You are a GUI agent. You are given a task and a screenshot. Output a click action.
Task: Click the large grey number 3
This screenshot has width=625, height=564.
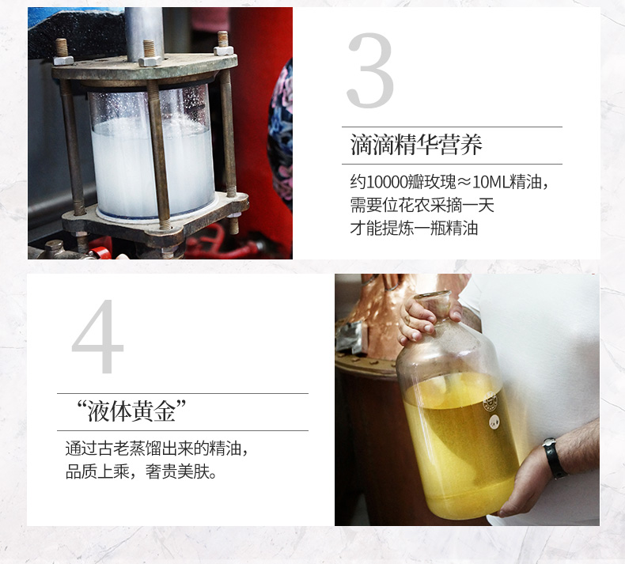click(x=371, y=70)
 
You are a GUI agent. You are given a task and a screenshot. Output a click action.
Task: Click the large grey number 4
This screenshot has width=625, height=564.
click(x=97, y=336)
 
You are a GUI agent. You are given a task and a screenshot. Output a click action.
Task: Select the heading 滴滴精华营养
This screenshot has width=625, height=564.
click(x=416, y=145)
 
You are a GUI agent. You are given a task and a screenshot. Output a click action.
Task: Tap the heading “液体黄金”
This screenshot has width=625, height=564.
click(x=132, y=411)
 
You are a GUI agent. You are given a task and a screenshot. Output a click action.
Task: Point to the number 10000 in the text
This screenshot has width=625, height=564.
click(x=386, y=182)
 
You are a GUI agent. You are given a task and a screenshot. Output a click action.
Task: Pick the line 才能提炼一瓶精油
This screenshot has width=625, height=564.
click(x=414, y=229)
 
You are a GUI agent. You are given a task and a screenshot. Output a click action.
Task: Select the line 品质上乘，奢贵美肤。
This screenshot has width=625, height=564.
click(x=142, y=472)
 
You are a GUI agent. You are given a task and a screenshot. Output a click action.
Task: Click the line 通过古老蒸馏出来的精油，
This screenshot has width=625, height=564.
click(x=157, y=449)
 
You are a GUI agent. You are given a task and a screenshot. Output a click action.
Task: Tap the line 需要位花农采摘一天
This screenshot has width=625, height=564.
click(x=422, y=206)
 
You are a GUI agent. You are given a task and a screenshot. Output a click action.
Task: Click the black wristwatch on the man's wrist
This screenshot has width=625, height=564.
click(x=555, y=458)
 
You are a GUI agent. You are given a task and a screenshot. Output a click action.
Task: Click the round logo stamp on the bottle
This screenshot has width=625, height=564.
click(x=490, y=402)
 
